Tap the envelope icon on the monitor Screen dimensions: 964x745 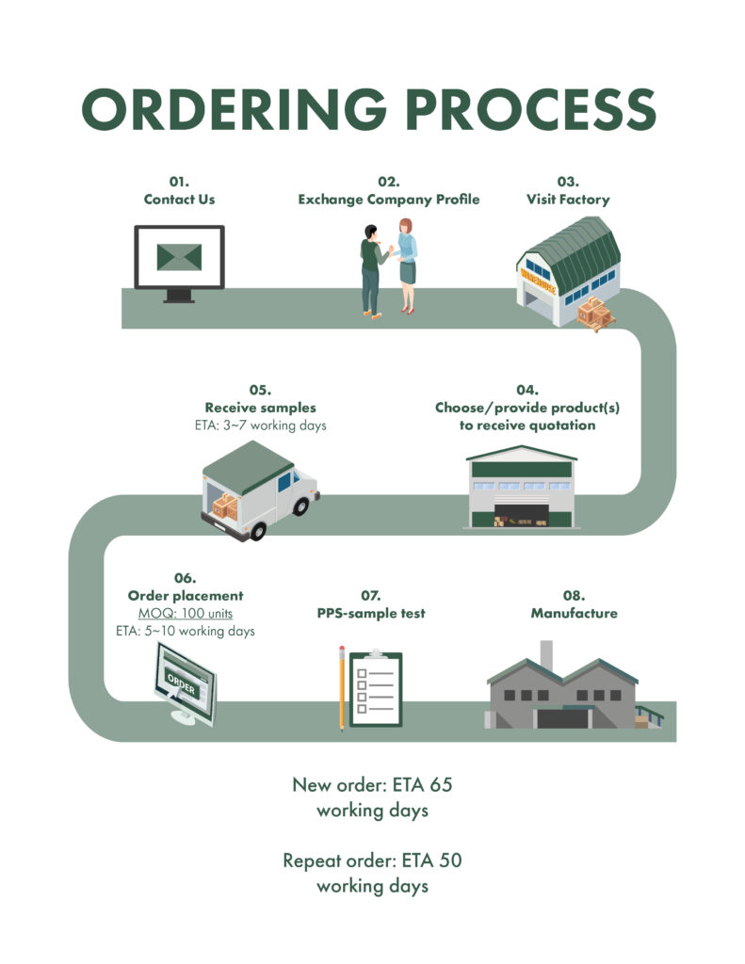(179, 256)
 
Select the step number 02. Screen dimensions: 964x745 (388, 182)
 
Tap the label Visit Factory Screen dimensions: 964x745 (568, 200)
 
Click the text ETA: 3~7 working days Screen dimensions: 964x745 (261, 426)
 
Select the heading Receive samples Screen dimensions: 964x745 (261, 408)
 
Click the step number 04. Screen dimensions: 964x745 (526, 390)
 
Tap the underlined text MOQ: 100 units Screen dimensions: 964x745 (186, 613)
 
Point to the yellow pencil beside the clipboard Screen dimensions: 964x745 (342, 687)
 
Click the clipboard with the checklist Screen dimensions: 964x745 (375, 689)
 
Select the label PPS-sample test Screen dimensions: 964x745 (371, 613)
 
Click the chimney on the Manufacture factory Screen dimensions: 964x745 (545, 655)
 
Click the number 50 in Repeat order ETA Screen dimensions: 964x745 (448, 860)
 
